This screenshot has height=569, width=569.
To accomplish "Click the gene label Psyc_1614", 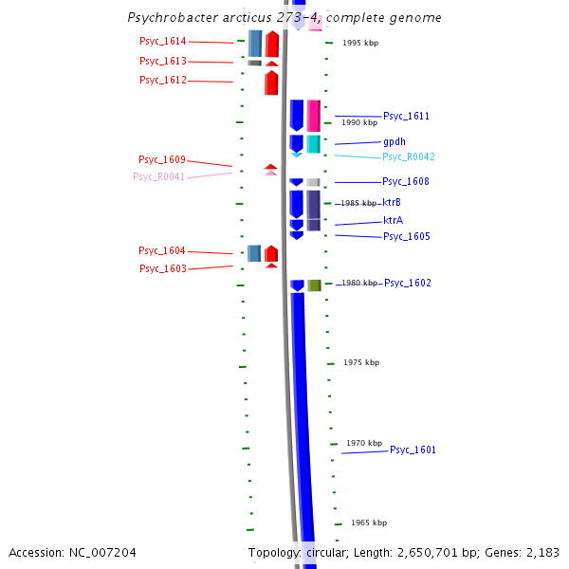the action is (163, 42).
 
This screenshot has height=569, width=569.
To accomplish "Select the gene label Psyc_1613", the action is (163, 62).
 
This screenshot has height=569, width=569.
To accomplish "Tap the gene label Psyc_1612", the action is (163, 81).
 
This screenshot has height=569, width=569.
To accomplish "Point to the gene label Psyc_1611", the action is (407, 117).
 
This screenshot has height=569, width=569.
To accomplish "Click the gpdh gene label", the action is (395, 142).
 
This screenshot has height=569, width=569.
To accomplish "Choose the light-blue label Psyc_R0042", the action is (409, 157).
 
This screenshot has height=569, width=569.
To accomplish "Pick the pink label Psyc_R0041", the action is (159, 176).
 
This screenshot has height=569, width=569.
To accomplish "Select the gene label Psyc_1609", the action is (162, 160).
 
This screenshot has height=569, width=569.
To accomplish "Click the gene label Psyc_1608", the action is (406, 182).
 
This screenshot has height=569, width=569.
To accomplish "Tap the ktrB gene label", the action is (392, 203).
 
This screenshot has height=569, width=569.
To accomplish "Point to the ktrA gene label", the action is (393, 220).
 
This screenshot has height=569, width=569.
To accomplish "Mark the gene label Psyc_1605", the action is (407, 237).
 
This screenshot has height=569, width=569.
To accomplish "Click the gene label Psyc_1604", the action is (162, 251).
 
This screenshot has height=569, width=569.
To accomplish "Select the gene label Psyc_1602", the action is (408, 284).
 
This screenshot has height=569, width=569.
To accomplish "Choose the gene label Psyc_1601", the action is (413, 450).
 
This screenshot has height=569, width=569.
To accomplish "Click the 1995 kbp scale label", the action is (360, 43).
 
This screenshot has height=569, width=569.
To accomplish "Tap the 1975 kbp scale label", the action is (361, 363).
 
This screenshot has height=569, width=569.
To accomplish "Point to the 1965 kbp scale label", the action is (369, 523).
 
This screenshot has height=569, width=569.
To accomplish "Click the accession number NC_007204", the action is (72, 552).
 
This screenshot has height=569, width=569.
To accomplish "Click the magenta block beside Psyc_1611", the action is (314, 116).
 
